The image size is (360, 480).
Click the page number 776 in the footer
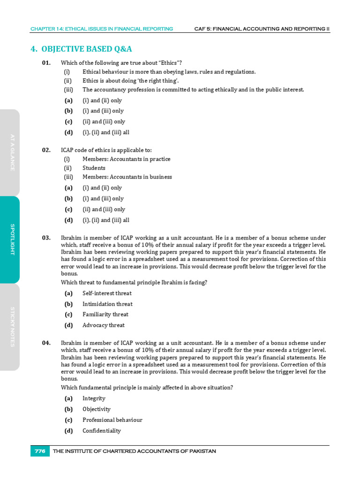click(x=40, y=451)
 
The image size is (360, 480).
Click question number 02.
click(x=46, y=150)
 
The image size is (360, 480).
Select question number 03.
click(x=46, y=238)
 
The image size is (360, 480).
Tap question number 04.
click(x=46, y=343)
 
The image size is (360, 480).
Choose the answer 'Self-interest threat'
click(x=107, y=293)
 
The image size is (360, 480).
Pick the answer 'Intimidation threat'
click(x=107, y=304)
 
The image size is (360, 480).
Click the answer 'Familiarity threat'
click(x=105, y=315)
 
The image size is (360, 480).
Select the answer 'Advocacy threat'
click(x=104, y=325)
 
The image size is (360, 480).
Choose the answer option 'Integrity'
click(x=94, y=398)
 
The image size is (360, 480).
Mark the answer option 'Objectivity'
click(x=97, y=409)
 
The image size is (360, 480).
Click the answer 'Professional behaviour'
click(x=112, y=420)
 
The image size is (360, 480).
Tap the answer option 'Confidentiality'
click(x=101, y=431)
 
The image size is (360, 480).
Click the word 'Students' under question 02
click(x=94, y=168)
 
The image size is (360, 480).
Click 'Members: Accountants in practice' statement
click(x=126, y=159)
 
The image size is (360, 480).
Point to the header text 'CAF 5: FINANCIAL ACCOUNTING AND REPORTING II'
click(x=262, y=29)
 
